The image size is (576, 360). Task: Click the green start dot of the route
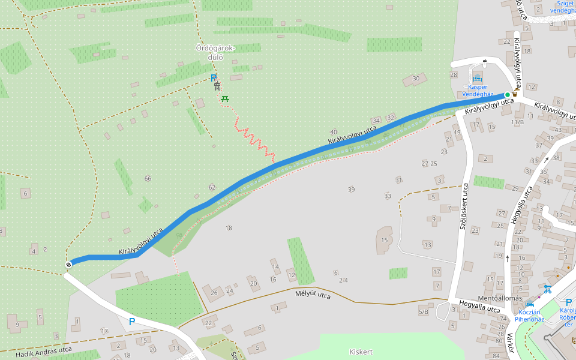click(x=507, y=95)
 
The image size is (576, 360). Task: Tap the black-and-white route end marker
click(x=68, y=264)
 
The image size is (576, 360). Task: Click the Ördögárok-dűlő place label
click(x=215, y=53)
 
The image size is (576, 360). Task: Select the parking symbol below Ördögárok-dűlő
click(x=213, y=77)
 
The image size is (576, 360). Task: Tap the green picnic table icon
click(x=226, y=98)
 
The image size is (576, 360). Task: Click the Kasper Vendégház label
click(x=478, y=91)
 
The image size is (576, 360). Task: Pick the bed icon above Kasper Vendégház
click(x=478, y=79)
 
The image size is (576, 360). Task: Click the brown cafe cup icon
click(x=515, y=94)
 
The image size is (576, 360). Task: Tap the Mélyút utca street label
click(x=313, y=295)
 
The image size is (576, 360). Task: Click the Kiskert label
click(x=361, y=351)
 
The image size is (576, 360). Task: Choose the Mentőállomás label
click(x=482, y=298)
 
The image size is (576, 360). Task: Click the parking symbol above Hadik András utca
click(x=132, y=322)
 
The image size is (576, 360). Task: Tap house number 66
click(x=148, y=178)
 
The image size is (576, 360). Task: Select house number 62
click(x=211, y=188)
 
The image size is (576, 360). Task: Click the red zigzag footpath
click(x=255, y=139)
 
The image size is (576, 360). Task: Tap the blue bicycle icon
click(x=547, y=289)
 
